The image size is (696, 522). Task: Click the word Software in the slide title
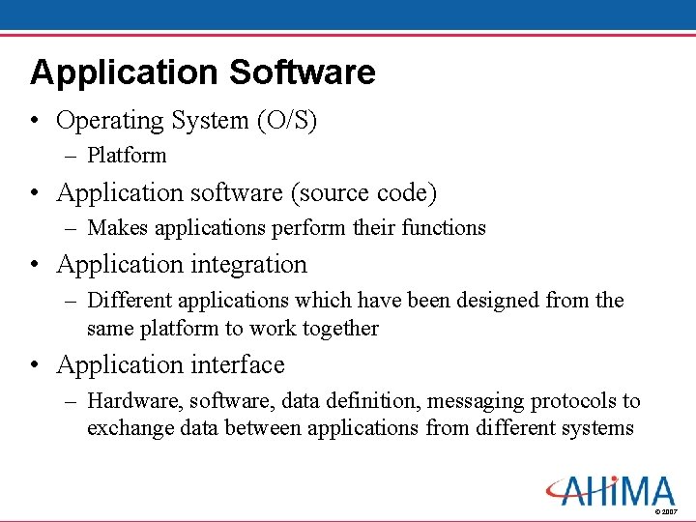[303, 72]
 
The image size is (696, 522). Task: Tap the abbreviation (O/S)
[286, 121]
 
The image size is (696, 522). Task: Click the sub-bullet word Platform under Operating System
[127, 156]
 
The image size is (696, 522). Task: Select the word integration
[246, 264]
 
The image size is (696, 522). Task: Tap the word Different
[128, 301]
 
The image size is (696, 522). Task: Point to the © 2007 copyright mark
[667, 510]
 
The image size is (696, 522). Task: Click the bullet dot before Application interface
[36, 365]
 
